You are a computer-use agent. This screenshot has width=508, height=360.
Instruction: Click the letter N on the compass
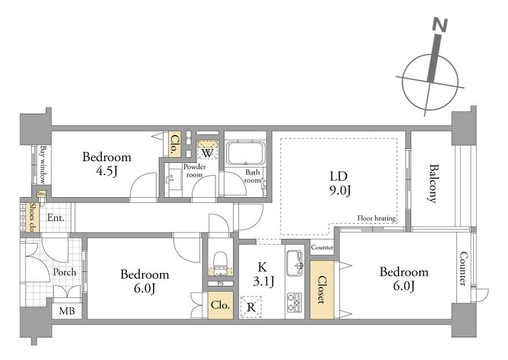coord(440,25)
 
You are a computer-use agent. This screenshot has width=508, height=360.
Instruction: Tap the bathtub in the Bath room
coord(245,153)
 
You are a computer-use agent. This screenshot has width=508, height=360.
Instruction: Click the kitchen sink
coord(295,263)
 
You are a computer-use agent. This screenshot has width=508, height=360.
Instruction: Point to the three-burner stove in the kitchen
coord(294,303)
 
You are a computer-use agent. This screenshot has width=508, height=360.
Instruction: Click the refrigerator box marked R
coord(251,307)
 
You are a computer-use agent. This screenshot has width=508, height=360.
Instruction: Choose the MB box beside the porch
coord(67,311)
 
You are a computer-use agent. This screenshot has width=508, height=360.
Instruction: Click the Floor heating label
coord(377,219)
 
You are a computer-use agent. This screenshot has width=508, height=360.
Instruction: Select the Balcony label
coord(433,184)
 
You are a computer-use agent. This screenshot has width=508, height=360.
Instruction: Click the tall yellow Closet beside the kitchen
coord(321,290)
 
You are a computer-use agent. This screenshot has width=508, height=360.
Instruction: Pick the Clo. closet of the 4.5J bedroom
coord(174,144)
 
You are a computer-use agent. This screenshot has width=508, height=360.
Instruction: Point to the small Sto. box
coord(41,193)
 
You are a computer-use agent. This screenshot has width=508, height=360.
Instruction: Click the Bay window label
coord(42,165)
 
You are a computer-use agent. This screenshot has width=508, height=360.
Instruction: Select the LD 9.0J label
coord(339,183)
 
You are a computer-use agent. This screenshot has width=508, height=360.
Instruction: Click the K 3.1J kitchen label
coord(263,274)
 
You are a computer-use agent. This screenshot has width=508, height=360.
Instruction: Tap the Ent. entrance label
coord(56,217)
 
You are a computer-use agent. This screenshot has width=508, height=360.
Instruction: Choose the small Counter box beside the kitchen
coord(321,247)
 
